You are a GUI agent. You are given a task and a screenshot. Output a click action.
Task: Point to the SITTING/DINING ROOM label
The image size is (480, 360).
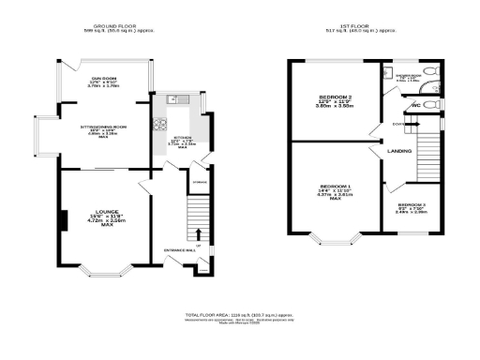pyautogui.click(x=104, y=128)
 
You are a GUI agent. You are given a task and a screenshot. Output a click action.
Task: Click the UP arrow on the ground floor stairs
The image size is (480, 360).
pyautogui.click(x=198, y=231)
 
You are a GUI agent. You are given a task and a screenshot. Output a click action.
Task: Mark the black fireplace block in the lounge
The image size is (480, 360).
pyautogui.click(x=62, y=220)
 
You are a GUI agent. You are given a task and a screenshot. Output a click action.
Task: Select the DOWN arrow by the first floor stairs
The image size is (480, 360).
pyautogui.click(x=398, y=123)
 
